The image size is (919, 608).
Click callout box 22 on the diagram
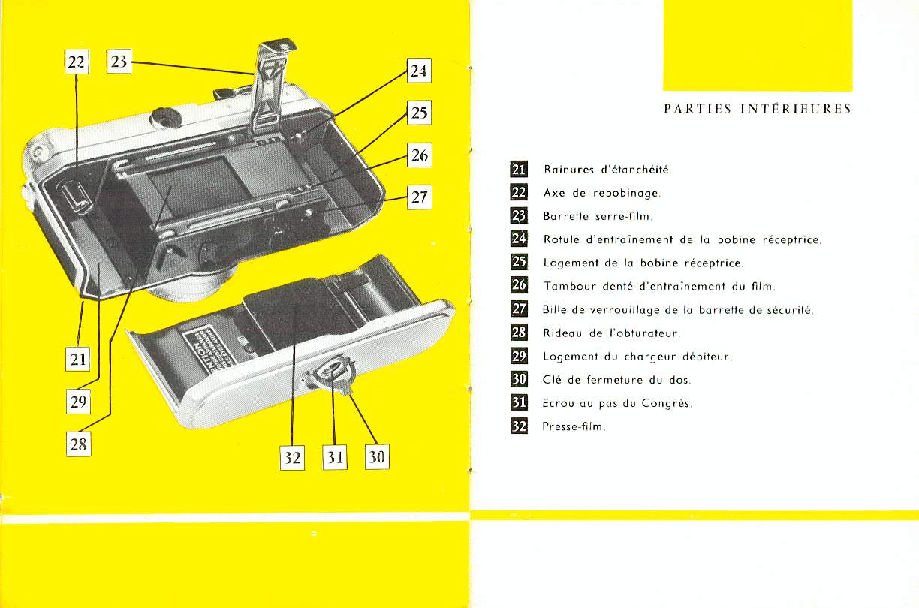(x=77, y=62)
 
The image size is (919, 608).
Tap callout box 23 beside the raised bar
(x=119, y=62)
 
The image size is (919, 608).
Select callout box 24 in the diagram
(x=418, y=71)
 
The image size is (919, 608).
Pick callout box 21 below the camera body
(x=78, y=359)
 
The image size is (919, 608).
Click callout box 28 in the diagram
(x=78, y=444)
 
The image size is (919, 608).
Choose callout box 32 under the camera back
(x=292, y=457)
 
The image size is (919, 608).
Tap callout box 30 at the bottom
(x=377, y=457)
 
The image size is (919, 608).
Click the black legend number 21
(x=519, y=170)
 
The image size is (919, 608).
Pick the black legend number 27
(x=519, y=309)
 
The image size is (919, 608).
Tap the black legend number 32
(x=519, y=426)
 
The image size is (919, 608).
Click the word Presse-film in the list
(x=573, y=426)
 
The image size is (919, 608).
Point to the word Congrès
(x=666, y=403)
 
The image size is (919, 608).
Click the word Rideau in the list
(x=562, y=333)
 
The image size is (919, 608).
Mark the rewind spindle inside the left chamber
(x=77, y=196)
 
